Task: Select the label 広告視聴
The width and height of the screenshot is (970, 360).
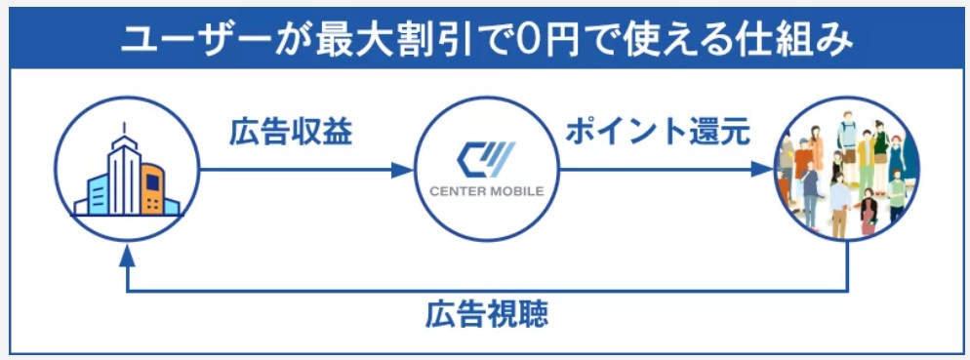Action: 487,315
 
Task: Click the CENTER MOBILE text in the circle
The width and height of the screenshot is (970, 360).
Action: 486,190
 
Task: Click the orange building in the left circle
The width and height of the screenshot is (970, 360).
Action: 150,189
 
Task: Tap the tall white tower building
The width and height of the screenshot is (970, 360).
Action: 124,176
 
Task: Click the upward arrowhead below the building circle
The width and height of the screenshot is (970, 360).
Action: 125,255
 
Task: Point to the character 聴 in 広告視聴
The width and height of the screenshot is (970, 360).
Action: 533,315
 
